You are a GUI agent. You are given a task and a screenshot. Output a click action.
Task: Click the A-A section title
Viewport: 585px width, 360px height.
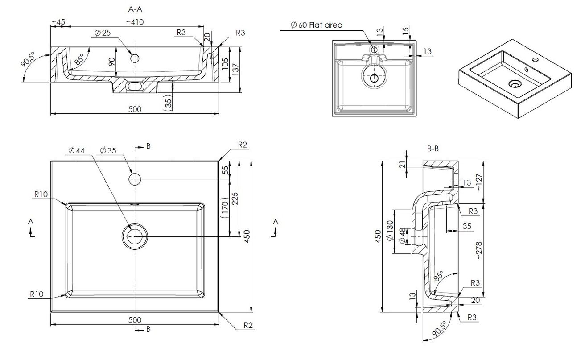(135, 9)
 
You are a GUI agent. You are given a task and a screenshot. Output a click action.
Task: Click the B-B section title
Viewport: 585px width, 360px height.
(433, 149)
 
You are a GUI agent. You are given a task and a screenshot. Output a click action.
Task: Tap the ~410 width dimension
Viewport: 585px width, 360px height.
(135, 22)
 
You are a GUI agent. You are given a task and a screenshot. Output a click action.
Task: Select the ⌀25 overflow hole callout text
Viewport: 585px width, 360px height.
(103, 33)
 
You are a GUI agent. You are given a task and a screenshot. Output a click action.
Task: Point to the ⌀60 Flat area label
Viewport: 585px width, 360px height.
(317, 25)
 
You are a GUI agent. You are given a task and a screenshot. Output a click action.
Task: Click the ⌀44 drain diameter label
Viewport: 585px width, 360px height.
(76, 150)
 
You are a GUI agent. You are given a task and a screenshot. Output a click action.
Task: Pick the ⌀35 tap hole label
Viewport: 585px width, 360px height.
(108, 150)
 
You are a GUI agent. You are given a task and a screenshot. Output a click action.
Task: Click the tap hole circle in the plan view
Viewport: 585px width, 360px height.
(135, 179)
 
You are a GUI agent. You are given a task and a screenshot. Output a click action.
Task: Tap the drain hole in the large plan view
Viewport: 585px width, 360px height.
(135, 236)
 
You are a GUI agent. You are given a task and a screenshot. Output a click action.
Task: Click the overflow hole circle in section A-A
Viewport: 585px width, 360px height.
(135, 58)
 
